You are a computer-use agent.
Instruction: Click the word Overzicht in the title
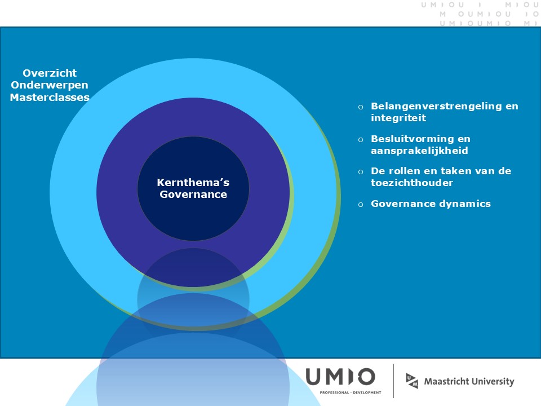50,73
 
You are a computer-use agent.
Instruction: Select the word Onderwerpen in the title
50,85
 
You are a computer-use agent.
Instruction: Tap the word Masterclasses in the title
50,98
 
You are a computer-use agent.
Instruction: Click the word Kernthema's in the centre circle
193,182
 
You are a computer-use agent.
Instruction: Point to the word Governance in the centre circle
193,195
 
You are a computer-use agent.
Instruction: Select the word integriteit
398,118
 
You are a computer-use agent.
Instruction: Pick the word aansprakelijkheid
419,151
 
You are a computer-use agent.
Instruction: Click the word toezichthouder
412,183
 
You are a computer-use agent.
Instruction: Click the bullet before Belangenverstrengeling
361,107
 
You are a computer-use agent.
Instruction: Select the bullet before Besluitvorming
361,140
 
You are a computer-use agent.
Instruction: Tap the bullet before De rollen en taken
361,172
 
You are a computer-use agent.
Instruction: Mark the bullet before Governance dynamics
361,205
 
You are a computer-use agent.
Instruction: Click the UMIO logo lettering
340,377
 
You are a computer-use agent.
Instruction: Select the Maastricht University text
469,382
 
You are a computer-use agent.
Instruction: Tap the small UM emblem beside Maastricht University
412,381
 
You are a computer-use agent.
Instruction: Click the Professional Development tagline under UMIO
351,392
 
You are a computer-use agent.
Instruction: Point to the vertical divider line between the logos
393,381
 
